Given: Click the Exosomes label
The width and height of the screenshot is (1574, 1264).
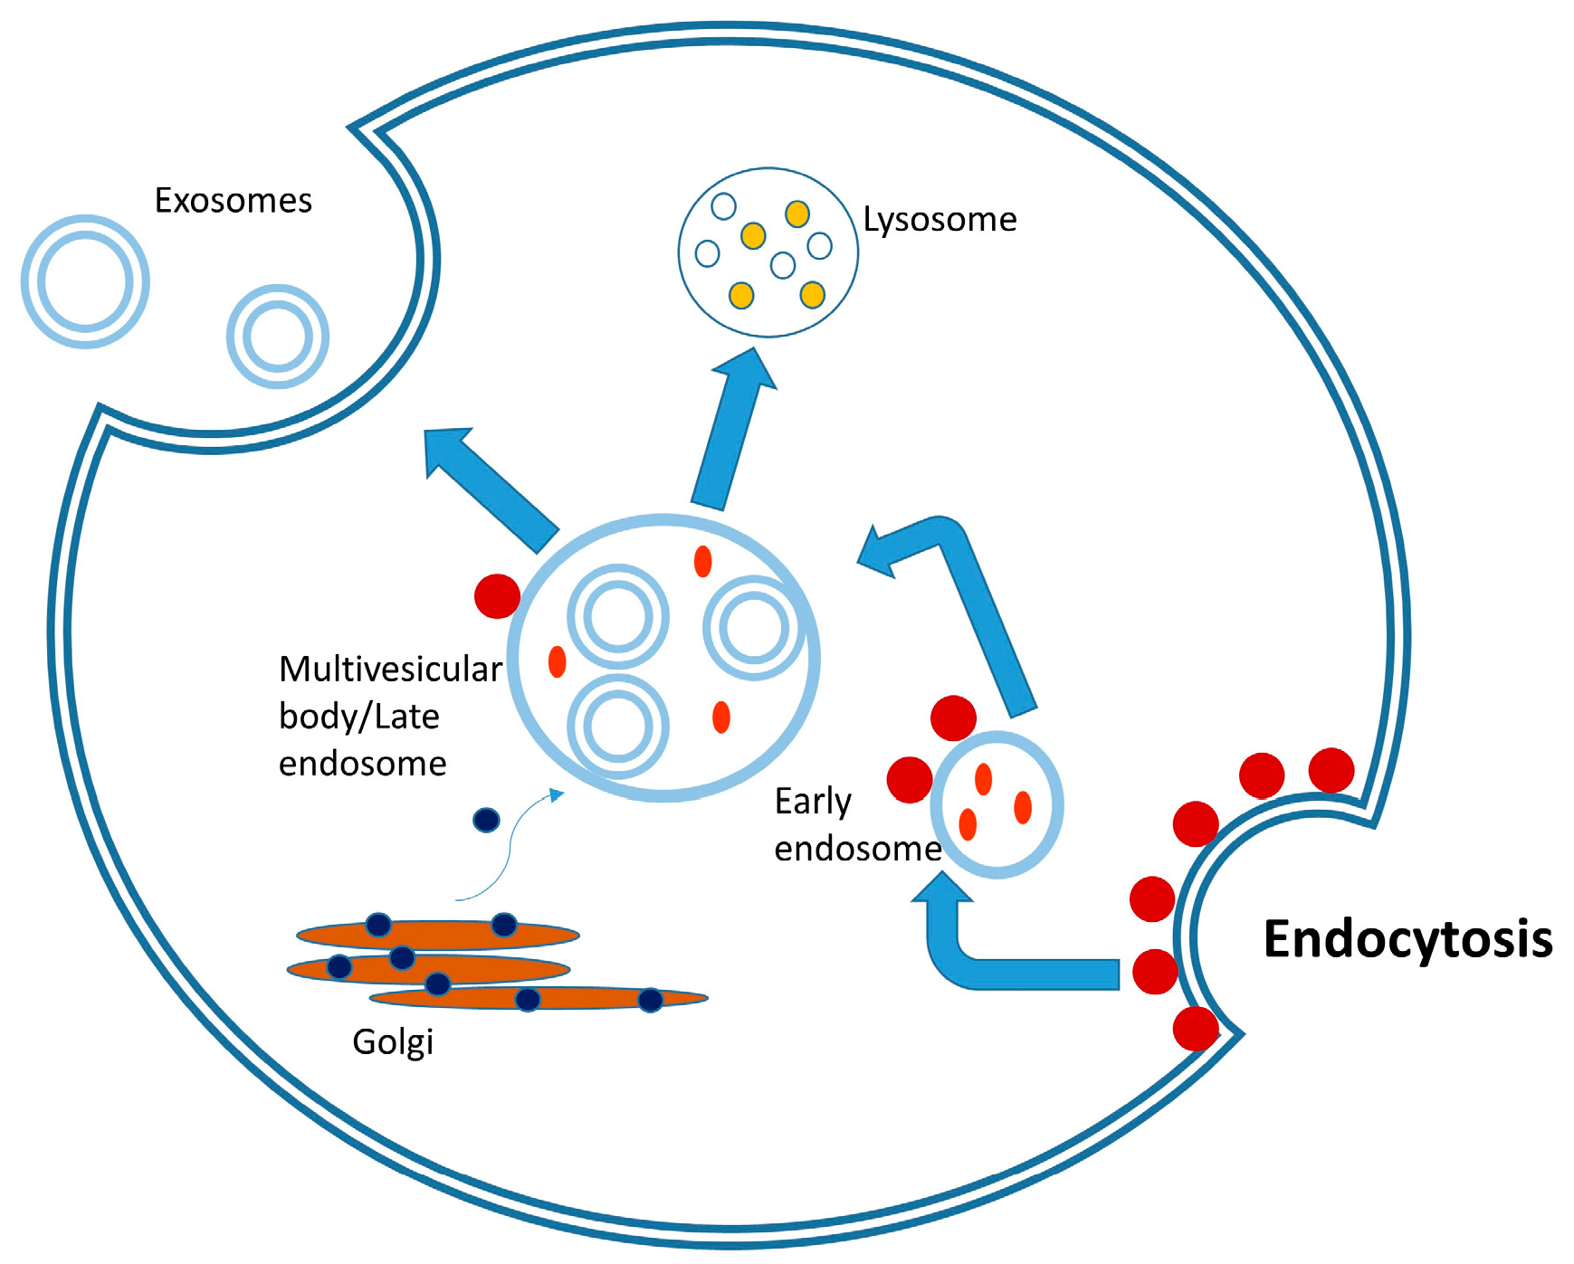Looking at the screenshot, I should point(233,201).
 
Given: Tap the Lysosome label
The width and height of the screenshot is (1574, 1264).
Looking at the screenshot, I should point(940,220).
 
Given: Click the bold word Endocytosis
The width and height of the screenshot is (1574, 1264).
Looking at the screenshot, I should point(1407,939).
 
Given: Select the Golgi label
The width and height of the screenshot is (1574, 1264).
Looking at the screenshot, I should point(393,1041).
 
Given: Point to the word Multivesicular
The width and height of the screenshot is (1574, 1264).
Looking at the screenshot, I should point(390,670).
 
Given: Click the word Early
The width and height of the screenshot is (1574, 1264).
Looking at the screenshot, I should point(813,802).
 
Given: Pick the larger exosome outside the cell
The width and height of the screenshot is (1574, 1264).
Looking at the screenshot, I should point(85,281).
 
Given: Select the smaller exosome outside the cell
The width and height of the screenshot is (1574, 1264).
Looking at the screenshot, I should point(277,337).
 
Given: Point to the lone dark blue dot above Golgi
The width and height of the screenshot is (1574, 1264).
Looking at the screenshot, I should point(486,820).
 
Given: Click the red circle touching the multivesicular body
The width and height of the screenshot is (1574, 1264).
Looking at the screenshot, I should point(497,596).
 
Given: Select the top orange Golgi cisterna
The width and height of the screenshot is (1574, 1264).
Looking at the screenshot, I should point(438,934).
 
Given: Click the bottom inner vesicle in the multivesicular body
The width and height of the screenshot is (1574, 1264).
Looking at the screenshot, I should point(618,727).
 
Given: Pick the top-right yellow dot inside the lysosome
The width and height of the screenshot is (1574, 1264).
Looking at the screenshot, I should point(797,214).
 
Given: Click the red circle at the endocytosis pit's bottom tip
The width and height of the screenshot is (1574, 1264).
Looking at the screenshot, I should point(1195,1029).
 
